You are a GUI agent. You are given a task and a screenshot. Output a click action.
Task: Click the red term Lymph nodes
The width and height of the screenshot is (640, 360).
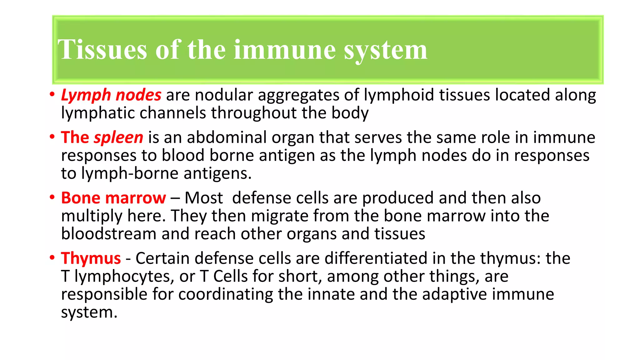tap(111, 95)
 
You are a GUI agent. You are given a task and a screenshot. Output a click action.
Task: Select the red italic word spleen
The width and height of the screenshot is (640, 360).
tap(118, 137)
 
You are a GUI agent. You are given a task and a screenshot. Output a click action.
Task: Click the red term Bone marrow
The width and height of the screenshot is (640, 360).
tap(113, 198)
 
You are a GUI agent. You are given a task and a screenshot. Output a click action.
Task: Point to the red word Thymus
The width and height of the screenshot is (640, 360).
tap(91, 258)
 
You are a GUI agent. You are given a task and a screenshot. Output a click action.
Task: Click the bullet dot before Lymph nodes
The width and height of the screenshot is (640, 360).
tap(52, 94)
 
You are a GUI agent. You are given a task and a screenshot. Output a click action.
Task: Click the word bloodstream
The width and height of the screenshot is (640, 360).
tap(108, 234)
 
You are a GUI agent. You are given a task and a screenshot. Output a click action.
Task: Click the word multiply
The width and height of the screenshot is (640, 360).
tap(92, 216)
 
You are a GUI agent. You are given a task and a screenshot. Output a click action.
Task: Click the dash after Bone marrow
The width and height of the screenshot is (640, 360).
tap(175, 198)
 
